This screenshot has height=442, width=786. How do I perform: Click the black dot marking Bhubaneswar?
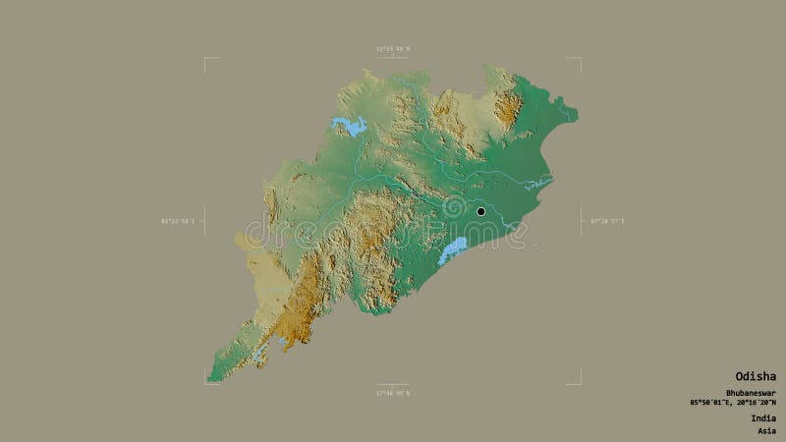[480, 211]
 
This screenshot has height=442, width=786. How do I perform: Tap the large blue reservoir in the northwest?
[350, 125]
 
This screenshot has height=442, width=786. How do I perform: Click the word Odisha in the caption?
[756, 376]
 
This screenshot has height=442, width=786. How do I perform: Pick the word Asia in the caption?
[765, 430]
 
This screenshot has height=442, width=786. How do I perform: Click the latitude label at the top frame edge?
[392, 48]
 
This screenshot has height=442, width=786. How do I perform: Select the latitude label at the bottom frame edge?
[392, 393]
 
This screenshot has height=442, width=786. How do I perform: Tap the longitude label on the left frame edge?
[177, 221]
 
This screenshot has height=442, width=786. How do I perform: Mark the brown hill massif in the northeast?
[507, 104]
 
